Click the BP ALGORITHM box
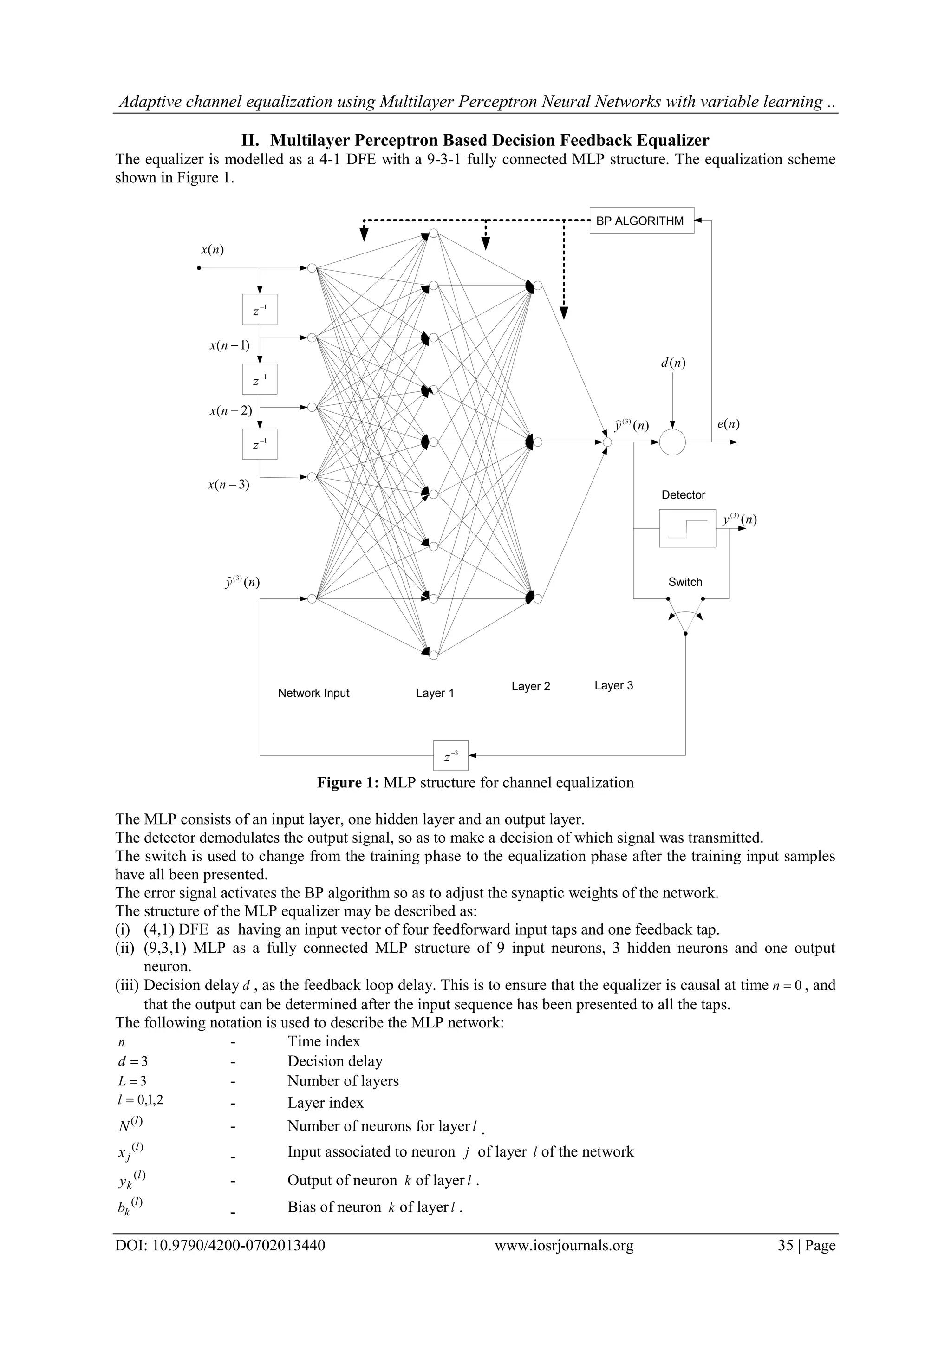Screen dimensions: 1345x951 (x=641, y=221)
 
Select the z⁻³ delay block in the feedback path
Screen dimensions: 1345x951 (x=450, y=756)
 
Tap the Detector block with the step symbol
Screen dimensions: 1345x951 (x=687, y=528)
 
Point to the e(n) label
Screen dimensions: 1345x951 (x=728, y=424)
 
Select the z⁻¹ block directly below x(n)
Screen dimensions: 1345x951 (x=259, y=310)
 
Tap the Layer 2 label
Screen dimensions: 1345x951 (x=530, y=686)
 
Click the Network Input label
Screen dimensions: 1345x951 (x=313, y=693)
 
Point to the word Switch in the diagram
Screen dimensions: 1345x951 (x=685, y=582)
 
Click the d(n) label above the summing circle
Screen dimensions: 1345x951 (x=673, y=363)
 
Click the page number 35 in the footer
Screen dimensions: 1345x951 (x=785, y=1245)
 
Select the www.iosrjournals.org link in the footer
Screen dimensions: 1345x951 (x=564, y=1245)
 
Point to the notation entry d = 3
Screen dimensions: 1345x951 (x=133, y=1061)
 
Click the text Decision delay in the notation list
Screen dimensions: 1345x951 (x=335, y=1061)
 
